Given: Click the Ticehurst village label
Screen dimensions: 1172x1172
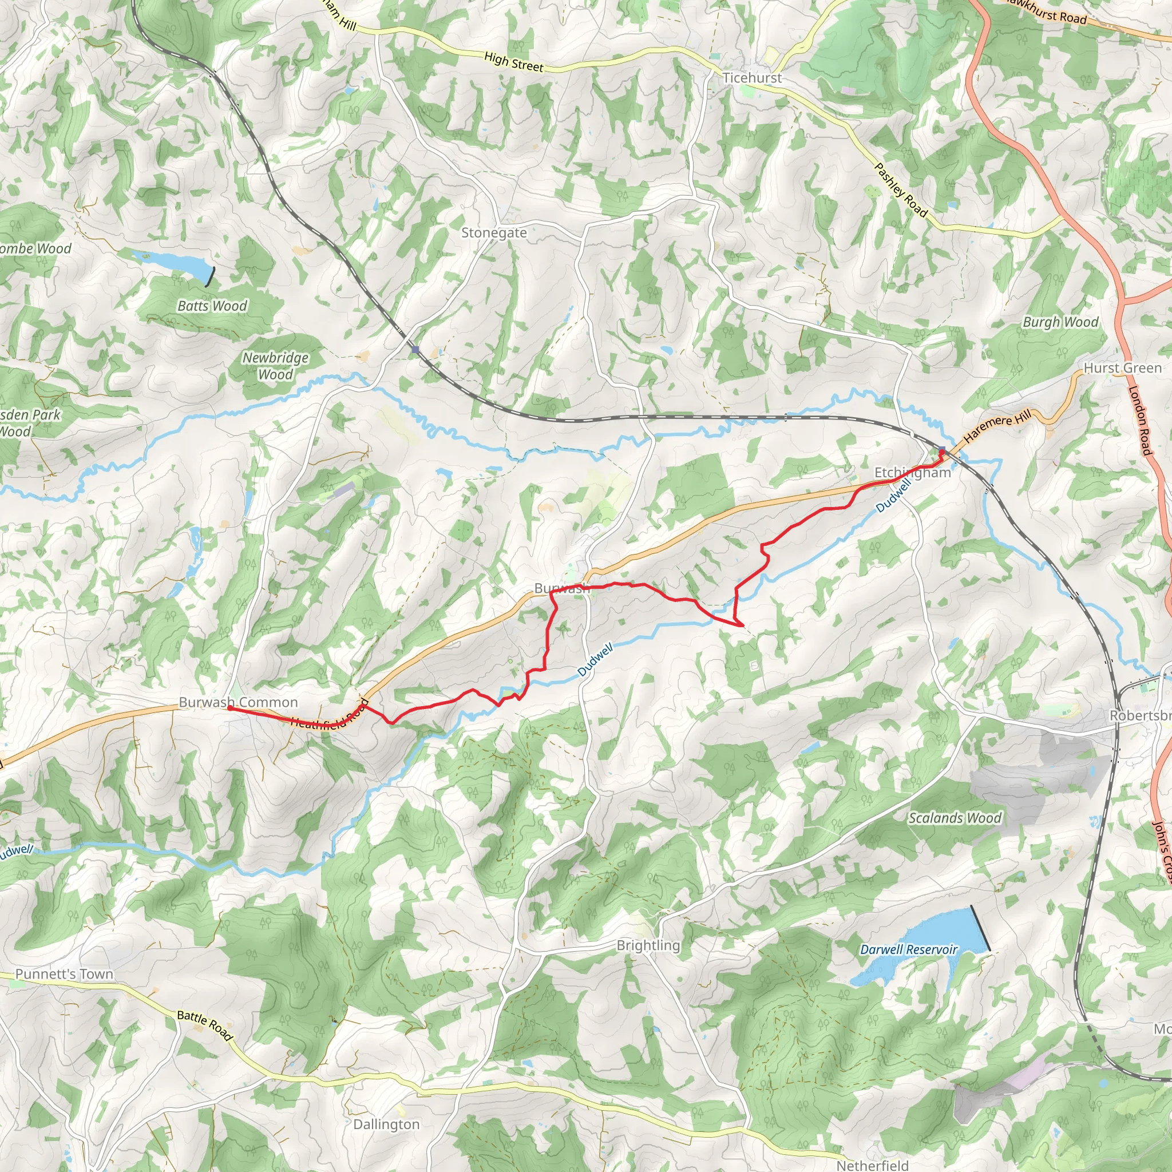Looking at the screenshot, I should pyautogui.click(x=752, y=78).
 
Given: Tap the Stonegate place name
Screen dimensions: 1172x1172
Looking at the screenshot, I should pyautogui.click(x=494, y=233).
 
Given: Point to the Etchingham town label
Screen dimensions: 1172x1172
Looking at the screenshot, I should pyautogui.click(x=912, y=473).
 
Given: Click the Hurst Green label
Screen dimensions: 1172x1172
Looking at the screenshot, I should pyautogui.click(x=1123, y=368).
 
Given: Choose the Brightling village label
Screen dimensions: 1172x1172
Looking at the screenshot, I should pyautogui.click(x=648, y=945).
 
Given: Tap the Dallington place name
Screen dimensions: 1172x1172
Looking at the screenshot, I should pyautogui.click(x=386, y=1125).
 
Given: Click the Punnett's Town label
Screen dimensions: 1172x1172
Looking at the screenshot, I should pyautogui.click(x=64, y=974).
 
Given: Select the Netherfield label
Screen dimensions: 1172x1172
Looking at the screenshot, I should pyautogui.click(x=872, y=1165).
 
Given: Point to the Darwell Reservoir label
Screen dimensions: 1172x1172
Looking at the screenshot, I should pyautogui.click(x=909, y=949).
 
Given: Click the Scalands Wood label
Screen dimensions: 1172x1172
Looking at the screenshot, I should pyautogui.click(x=955, y=818).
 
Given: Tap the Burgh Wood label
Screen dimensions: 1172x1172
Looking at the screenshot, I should pyautogui.click(x=1061, y=322).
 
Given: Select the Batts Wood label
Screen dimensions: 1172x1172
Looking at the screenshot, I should pyautogui.click(x=212, y=306).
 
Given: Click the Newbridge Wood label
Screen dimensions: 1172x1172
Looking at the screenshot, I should pyautogui.click(x=275, y=366).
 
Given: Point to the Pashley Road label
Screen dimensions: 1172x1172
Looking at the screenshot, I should pyautogui.click(x=901, y=191).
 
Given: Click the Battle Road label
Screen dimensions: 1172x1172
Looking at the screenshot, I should pyautogui.click(x=205, y=1025).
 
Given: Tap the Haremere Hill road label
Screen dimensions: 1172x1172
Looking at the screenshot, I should pyautogui.click(x=997, y=426).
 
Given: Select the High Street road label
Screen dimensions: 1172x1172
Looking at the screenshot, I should pyautogui.click(x=514, y=62).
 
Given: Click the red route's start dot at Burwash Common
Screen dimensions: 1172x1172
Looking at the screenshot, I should pyautogui.click(x=229, y=707).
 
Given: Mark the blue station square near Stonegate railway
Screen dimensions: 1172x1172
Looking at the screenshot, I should pyautogui.click(x=415, y=350).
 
